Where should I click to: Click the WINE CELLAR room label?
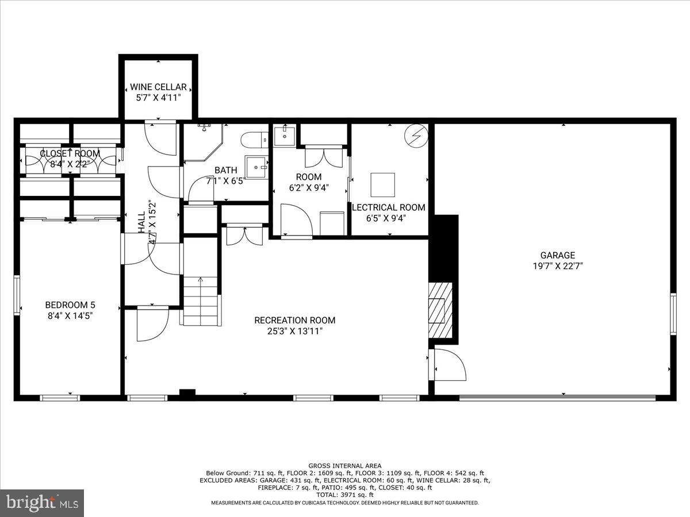coord(158,87)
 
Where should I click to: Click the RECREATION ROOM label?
coord(294,320)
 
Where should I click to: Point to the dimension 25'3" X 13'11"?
coord(294,331)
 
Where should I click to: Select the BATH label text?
coord(225,170)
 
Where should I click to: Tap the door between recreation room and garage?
coord(448,365)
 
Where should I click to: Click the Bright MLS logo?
coord(42,503)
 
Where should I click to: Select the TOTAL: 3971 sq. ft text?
coord(344,495)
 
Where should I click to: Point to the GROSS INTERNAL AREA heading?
coord(344,465)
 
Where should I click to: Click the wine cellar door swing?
coord(159,138)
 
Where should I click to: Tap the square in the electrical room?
coord(382,184)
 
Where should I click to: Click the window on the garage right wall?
coord(673,313)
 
